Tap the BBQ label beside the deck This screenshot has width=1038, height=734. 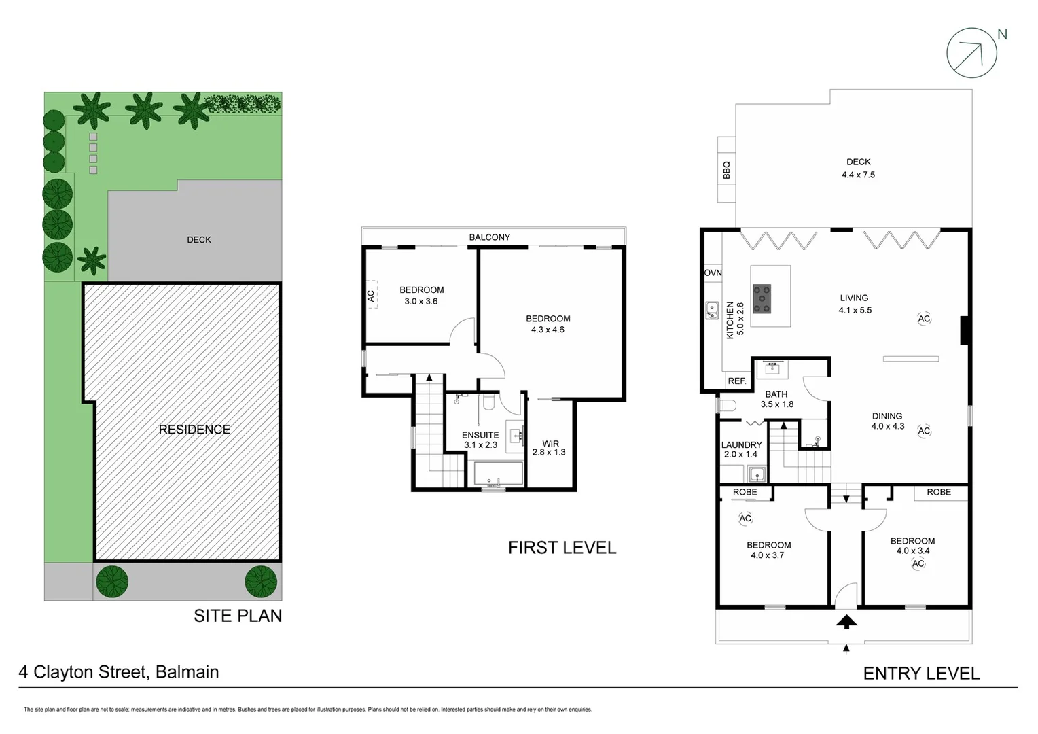tap(726, 170)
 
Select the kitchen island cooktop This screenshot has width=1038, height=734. tap(762, 299)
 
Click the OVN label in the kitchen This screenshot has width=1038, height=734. tap(713, 273)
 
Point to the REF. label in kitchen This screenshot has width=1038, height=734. tap(736, 381)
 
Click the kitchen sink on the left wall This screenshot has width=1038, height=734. tap(712, 311)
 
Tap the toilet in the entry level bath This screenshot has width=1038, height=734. tap(726, 406)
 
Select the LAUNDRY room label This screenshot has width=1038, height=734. tap(741, 445)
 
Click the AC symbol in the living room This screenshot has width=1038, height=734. tap(924, 319)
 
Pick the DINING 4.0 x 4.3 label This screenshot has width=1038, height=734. tap(887, 421)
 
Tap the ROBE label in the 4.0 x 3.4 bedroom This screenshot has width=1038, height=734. tap(939, 492)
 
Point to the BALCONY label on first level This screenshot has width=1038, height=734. tap(489, 237)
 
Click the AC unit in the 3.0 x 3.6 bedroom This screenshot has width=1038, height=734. tap(371, 296)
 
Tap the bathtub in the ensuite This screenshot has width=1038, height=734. tap(499, 473)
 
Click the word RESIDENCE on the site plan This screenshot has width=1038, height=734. tap(194, 430)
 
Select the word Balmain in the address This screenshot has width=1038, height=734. tap(187, 672)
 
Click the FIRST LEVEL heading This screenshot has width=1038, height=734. tap(562, 548)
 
